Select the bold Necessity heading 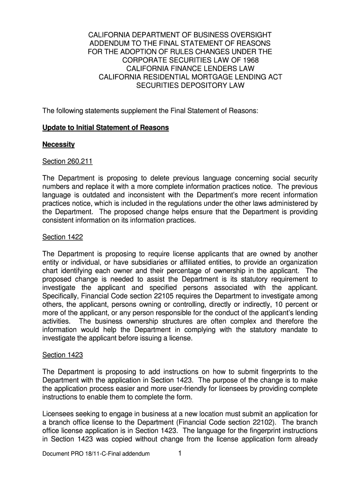pos(58,145)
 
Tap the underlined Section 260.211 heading pos(67,161)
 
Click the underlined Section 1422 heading pos(63,237)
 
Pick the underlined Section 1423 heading pos(63,355)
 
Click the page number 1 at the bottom pos(180,453)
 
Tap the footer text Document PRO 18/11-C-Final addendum pos(96,453)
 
